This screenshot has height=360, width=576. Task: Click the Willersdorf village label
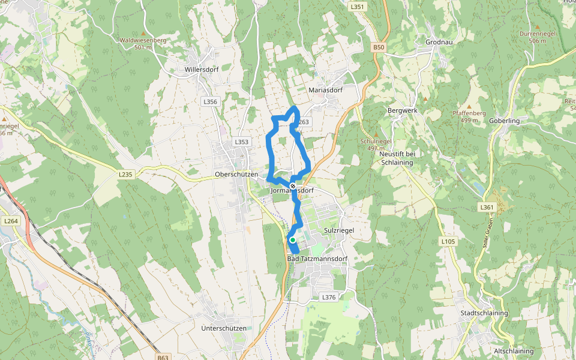pyautogui.click(x=202, y=69)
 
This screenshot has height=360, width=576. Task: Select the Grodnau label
pyautogui.click(x=439, y=43)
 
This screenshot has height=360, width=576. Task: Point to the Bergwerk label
pyautogui.click(x=402, y=111)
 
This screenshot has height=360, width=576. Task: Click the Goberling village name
pyautogui.click(x=504, y=121)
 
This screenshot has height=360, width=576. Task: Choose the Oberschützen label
pyautogui.click(x=236, y=175)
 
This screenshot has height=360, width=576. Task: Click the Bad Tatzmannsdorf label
pyautogui.click(x=317, y=259)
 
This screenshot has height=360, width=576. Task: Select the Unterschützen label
pyautogui.click(x=224, y=328)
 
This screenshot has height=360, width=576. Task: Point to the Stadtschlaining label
pyautogui.click(x=484, y=313)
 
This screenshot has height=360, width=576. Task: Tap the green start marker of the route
pyautogui.click(x=293, y=240)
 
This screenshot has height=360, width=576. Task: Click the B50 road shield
pyautogui.click(x=377, y=47)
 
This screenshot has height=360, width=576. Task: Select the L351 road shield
pyautogui.click(x=357, y=7)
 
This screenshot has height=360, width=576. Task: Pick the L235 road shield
pyautogui.click(x=125, y=174)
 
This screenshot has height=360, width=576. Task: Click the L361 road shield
pyautogui.click(x=486, y=207)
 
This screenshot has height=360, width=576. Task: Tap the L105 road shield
pyautogui.click(x=448, y=241)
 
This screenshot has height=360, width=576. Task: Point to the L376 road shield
pyautogui.click(x=328, y=297)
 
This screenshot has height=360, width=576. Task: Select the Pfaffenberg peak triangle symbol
pyautogui.click(x=469, y=107)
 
